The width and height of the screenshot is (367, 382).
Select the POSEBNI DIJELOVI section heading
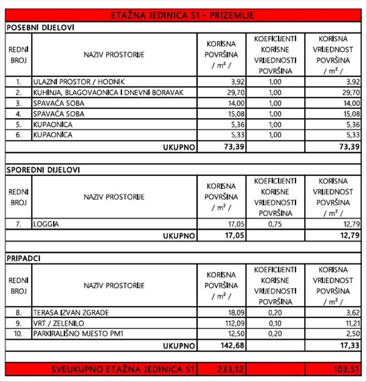click(x=40, y=28)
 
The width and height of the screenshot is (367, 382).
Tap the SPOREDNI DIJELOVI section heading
click(x=43, y=170)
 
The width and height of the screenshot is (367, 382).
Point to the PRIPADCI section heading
click(x=24, y=259)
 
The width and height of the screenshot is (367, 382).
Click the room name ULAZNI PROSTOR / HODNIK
click(x=79, y=82)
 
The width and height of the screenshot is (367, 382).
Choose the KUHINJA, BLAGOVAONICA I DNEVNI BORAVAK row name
click(x=108, y=92)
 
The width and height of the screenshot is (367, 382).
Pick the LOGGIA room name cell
click(x=46, y=224)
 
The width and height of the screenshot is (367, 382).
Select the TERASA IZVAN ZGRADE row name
click(x=71, y=313)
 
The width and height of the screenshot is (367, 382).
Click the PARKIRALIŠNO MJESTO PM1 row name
click(x=78, y=334)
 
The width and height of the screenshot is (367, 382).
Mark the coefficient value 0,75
click(x=275, y=224)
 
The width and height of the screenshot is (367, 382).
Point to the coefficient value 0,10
click(x=275, y=324)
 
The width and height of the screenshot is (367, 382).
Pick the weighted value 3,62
click(x=352, y=313)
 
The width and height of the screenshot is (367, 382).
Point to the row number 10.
click(x=18, y=334)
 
